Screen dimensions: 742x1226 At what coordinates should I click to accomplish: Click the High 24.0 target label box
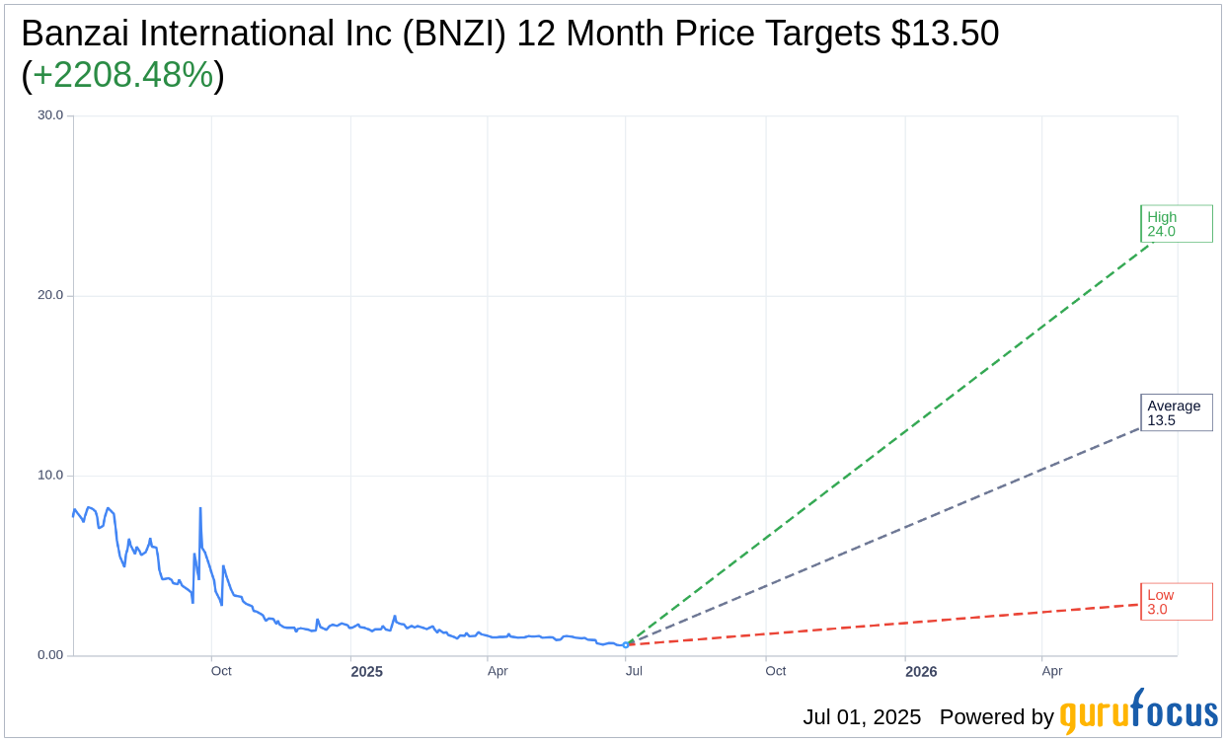1176,224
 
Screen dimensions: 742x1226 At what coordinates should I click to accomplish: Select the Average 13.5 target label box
1176,412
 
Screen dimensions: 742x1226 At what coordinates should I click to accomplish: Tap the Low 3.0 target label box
1176,602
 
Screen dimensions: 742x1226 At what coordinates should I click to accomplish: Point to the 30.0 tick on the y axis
50,115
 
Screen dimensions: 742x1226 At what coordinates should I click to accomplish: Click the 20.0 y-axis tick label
50,295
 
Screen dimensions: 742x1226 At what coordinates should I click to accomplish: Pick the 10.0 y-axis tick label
50,475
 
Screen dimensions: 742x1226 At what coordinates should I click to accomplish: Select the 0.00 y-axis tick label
48,655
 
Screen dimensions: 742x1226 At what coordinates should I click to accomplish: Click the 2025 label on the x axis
366,672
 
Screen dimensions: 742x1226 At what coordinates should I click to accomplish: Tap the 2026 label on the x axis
921,672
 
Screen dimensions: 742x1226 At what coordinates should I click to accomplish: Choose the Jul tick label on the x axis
634,672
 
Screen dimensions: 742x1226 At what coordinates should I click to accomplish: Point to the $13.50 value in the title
945,34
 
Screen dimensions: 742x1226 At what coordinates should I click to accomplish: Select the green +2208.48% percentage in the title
123,75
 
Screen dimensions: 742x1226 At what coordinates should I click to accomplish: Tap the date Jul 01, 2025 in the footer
861,717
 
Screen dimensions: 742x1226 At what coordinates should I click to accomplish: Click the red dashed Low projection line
888,624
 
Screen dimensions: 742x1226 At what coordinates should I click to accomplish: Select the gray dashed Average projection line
888,535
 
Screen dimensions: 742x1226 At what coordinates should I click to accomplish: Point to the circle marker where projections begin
625,644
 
